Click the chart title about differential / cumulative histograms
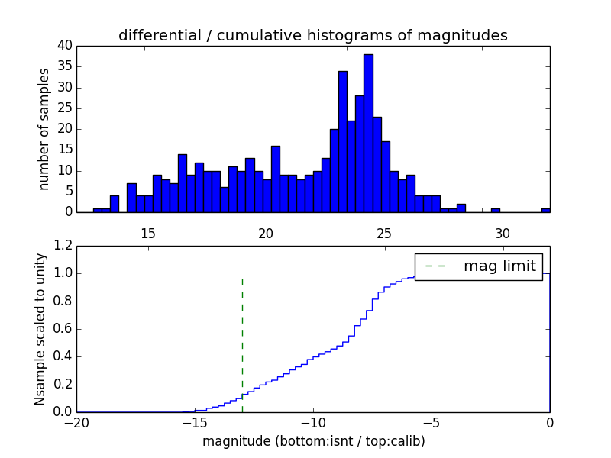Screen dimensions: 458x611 click(312, 36)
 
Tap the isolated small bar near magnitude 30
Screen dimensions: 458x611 click(496, 210)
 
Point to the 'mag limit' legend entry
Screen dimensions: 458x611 click(480, 266)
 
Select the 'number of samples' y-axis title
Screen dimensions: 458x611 click(44, 129)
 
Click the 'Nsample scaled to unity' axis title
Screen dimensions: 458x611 click(40, 329)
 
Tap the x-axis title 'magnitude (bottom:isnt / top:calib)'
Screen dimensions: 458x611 click(313, 441)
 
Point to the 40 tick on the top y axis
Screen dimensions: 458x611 click(66, 46)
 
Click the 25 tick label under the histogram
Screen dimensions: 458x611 click(384, 231)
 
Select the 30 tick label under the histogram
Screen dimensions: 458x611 click(503, 231)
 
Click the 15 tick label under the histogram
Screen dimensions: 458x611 click(148, 231)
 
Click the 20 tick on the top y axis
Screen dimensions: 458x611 click(66, 129)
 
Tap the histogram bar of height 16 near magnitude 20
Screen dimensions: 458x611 click(275, 179)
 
